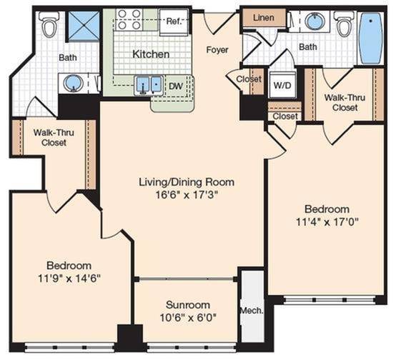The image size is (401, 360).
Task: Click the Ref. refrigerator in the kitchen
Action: (x=174, y=22)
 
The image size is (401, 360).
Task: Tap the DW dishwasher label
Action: (x=176, y=86)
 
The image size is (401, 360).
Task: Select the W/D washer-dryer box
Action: (x=282, y=85)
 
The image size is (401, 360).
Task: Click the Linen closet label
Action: (x=264, y=18)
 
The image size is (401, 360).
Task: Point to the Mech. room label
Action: (x=252, y=311)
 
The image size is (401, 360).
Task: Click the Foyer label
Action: (x=217, y=50)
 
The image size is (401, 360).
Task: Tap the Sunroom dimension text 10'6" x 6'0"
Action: (x=188, y=318)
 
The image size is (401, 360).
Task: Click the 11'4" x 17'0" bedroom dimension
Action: (x=327, y=222)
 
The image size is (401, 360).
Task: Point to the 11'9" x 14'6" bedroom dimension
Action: (x=69, y=279)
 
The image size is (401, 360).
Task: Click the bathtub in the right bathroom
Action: (x=371, y=39)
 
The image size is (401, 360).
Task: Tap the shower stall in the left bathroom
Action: (x=84, y=26)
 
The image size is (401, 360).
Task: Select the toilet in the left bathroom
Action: (x=50, y=24)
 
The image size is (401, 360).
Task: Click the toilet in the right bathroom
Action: (x=345, y=24)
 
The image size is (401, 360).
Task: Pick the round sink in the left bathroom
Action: (x=74, y=83)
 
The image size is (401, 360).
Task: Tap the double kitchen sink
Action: (x=149, y=84)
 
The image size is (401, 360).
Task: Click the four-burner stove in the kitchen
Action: (x=129, y=19)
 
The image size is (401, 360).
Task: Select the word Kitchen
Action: (x=151, y=54)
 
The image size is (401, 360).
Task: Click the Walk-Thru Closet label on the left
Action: (x=54, y=138)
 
